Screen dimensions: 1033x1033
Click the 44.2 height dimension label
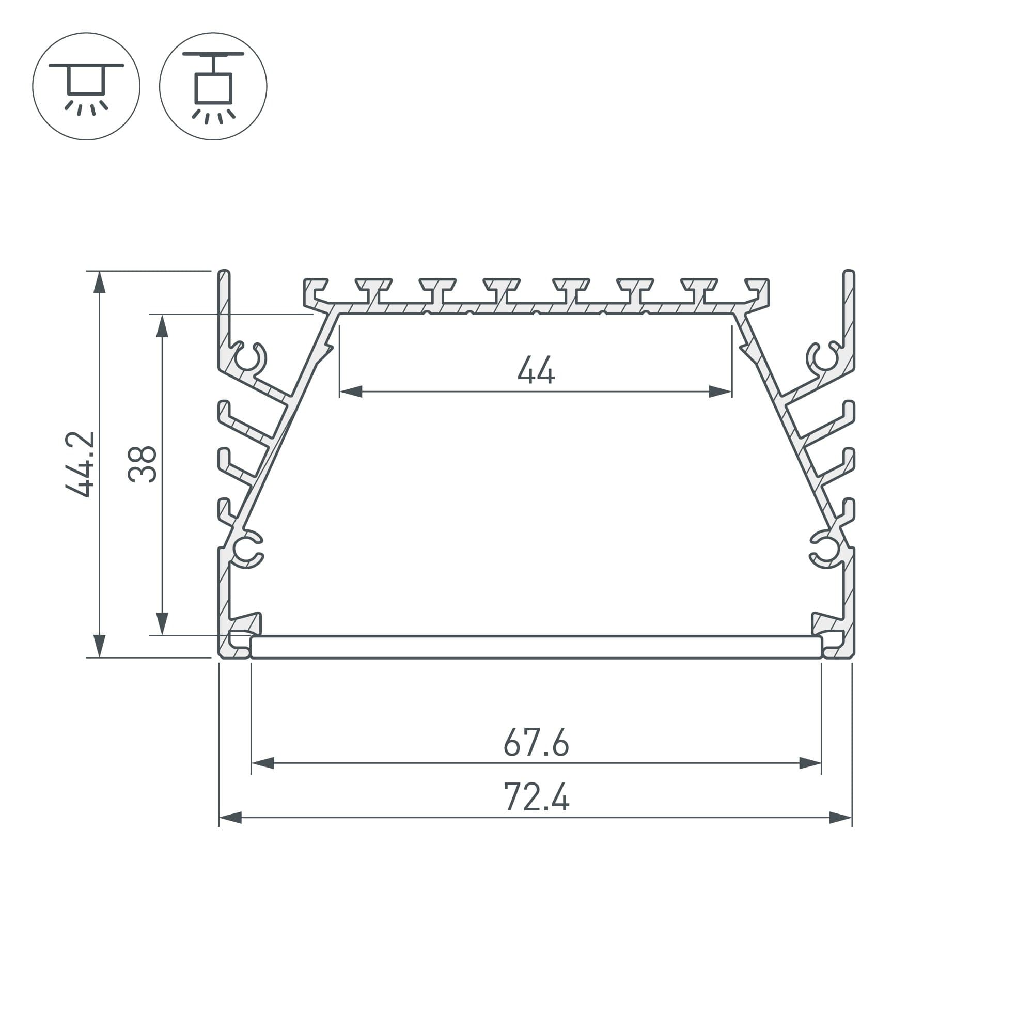(80, 464)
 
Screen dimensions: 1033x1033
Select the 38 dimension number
(143, 464)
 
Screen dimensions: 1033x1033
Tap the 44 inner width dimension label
(536, 370)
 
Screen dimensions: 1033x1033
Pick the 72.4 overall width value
(536, 796)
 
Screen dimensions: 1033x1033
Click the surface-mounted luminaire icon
(86, 86)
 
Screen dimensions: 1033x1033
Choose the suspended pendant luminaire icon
(213, 86)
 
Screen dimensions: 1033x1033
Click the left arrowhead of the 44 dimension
(351, 392)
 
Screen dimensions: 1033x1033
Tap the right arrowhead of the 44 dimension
(720, 392)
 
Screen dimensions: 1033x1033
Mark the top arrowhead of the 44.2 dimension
(100, 283)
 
